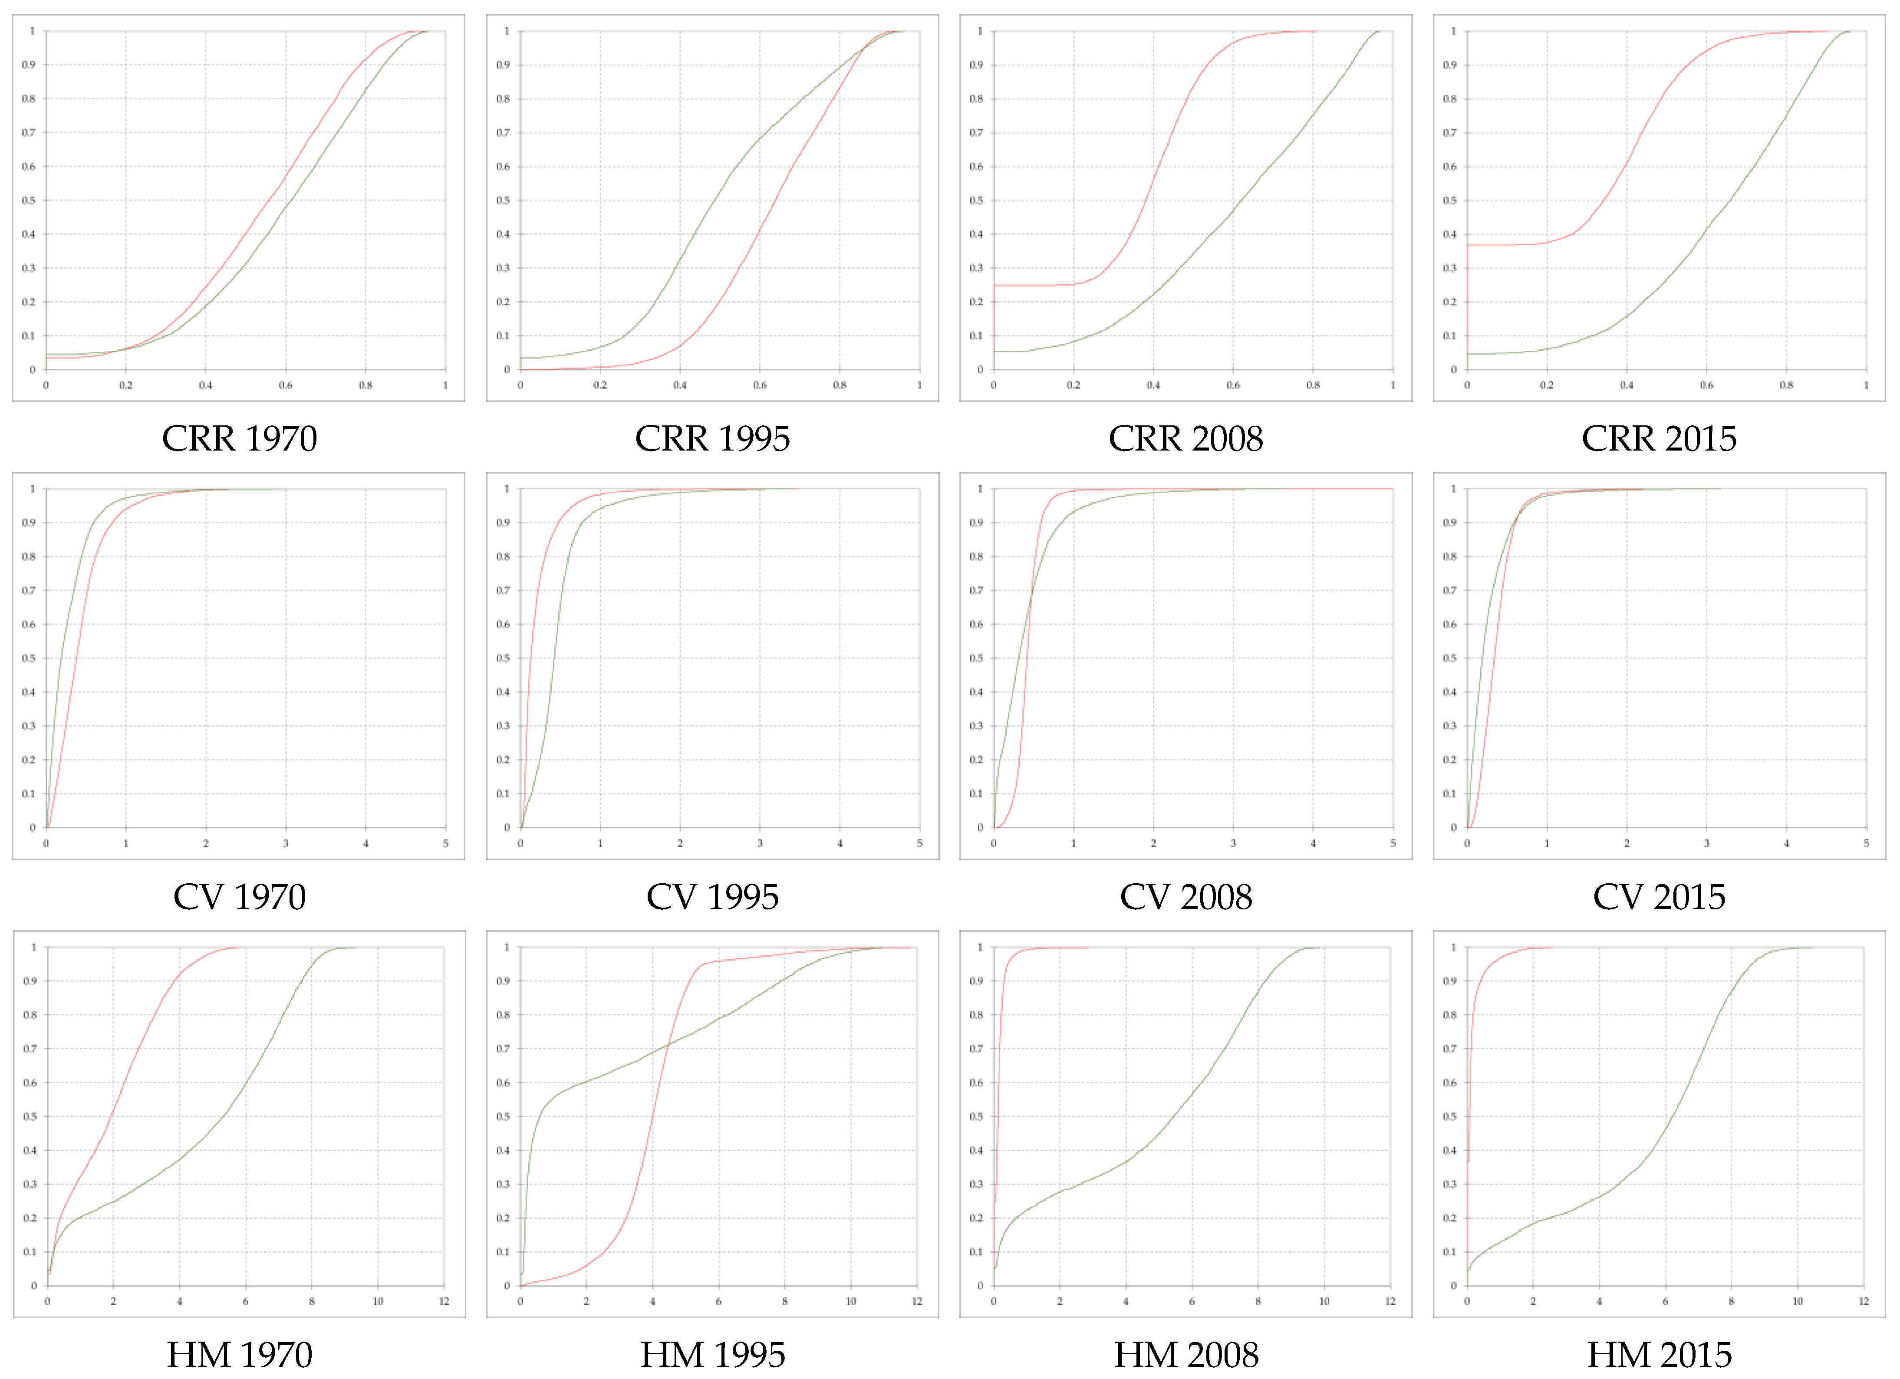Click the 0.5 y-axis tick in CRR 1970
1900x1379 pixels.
click(x=30, y=200)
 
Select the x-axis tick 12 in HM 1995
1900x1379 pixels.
click(x=917, y=1301)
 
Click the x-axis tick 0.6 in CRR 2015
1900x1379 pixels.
click(x=1706, y=385)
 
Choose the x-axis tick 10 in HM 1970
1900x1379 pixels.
click(x=378, y=1301)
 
